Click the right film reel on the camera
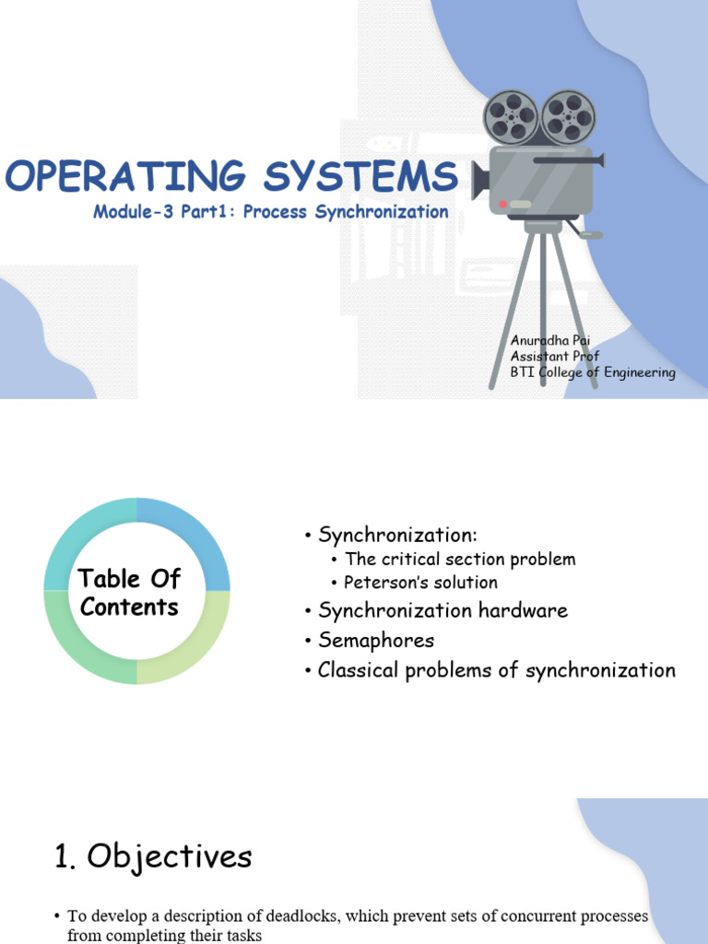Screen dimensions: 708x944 568,116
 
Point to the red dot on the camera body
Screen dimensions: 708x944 502,204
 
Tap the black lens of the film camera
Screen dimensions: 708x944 479,181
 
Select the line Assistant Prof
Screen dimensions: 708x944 555,357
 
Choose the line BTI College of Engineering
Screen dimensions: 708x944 593,372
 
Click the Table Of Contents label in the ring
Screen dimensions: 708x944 129,593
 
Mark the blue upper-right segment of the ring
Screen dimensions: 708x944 194,539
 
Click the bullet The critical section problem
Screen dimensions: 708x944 460,559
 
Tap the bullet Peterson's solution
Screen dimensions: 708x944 420,583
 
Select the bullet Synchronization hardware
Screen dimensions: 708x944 442,610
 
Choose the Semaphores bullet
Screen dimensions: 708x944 375,640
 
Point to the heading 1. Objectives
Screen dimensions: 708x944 153,857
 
